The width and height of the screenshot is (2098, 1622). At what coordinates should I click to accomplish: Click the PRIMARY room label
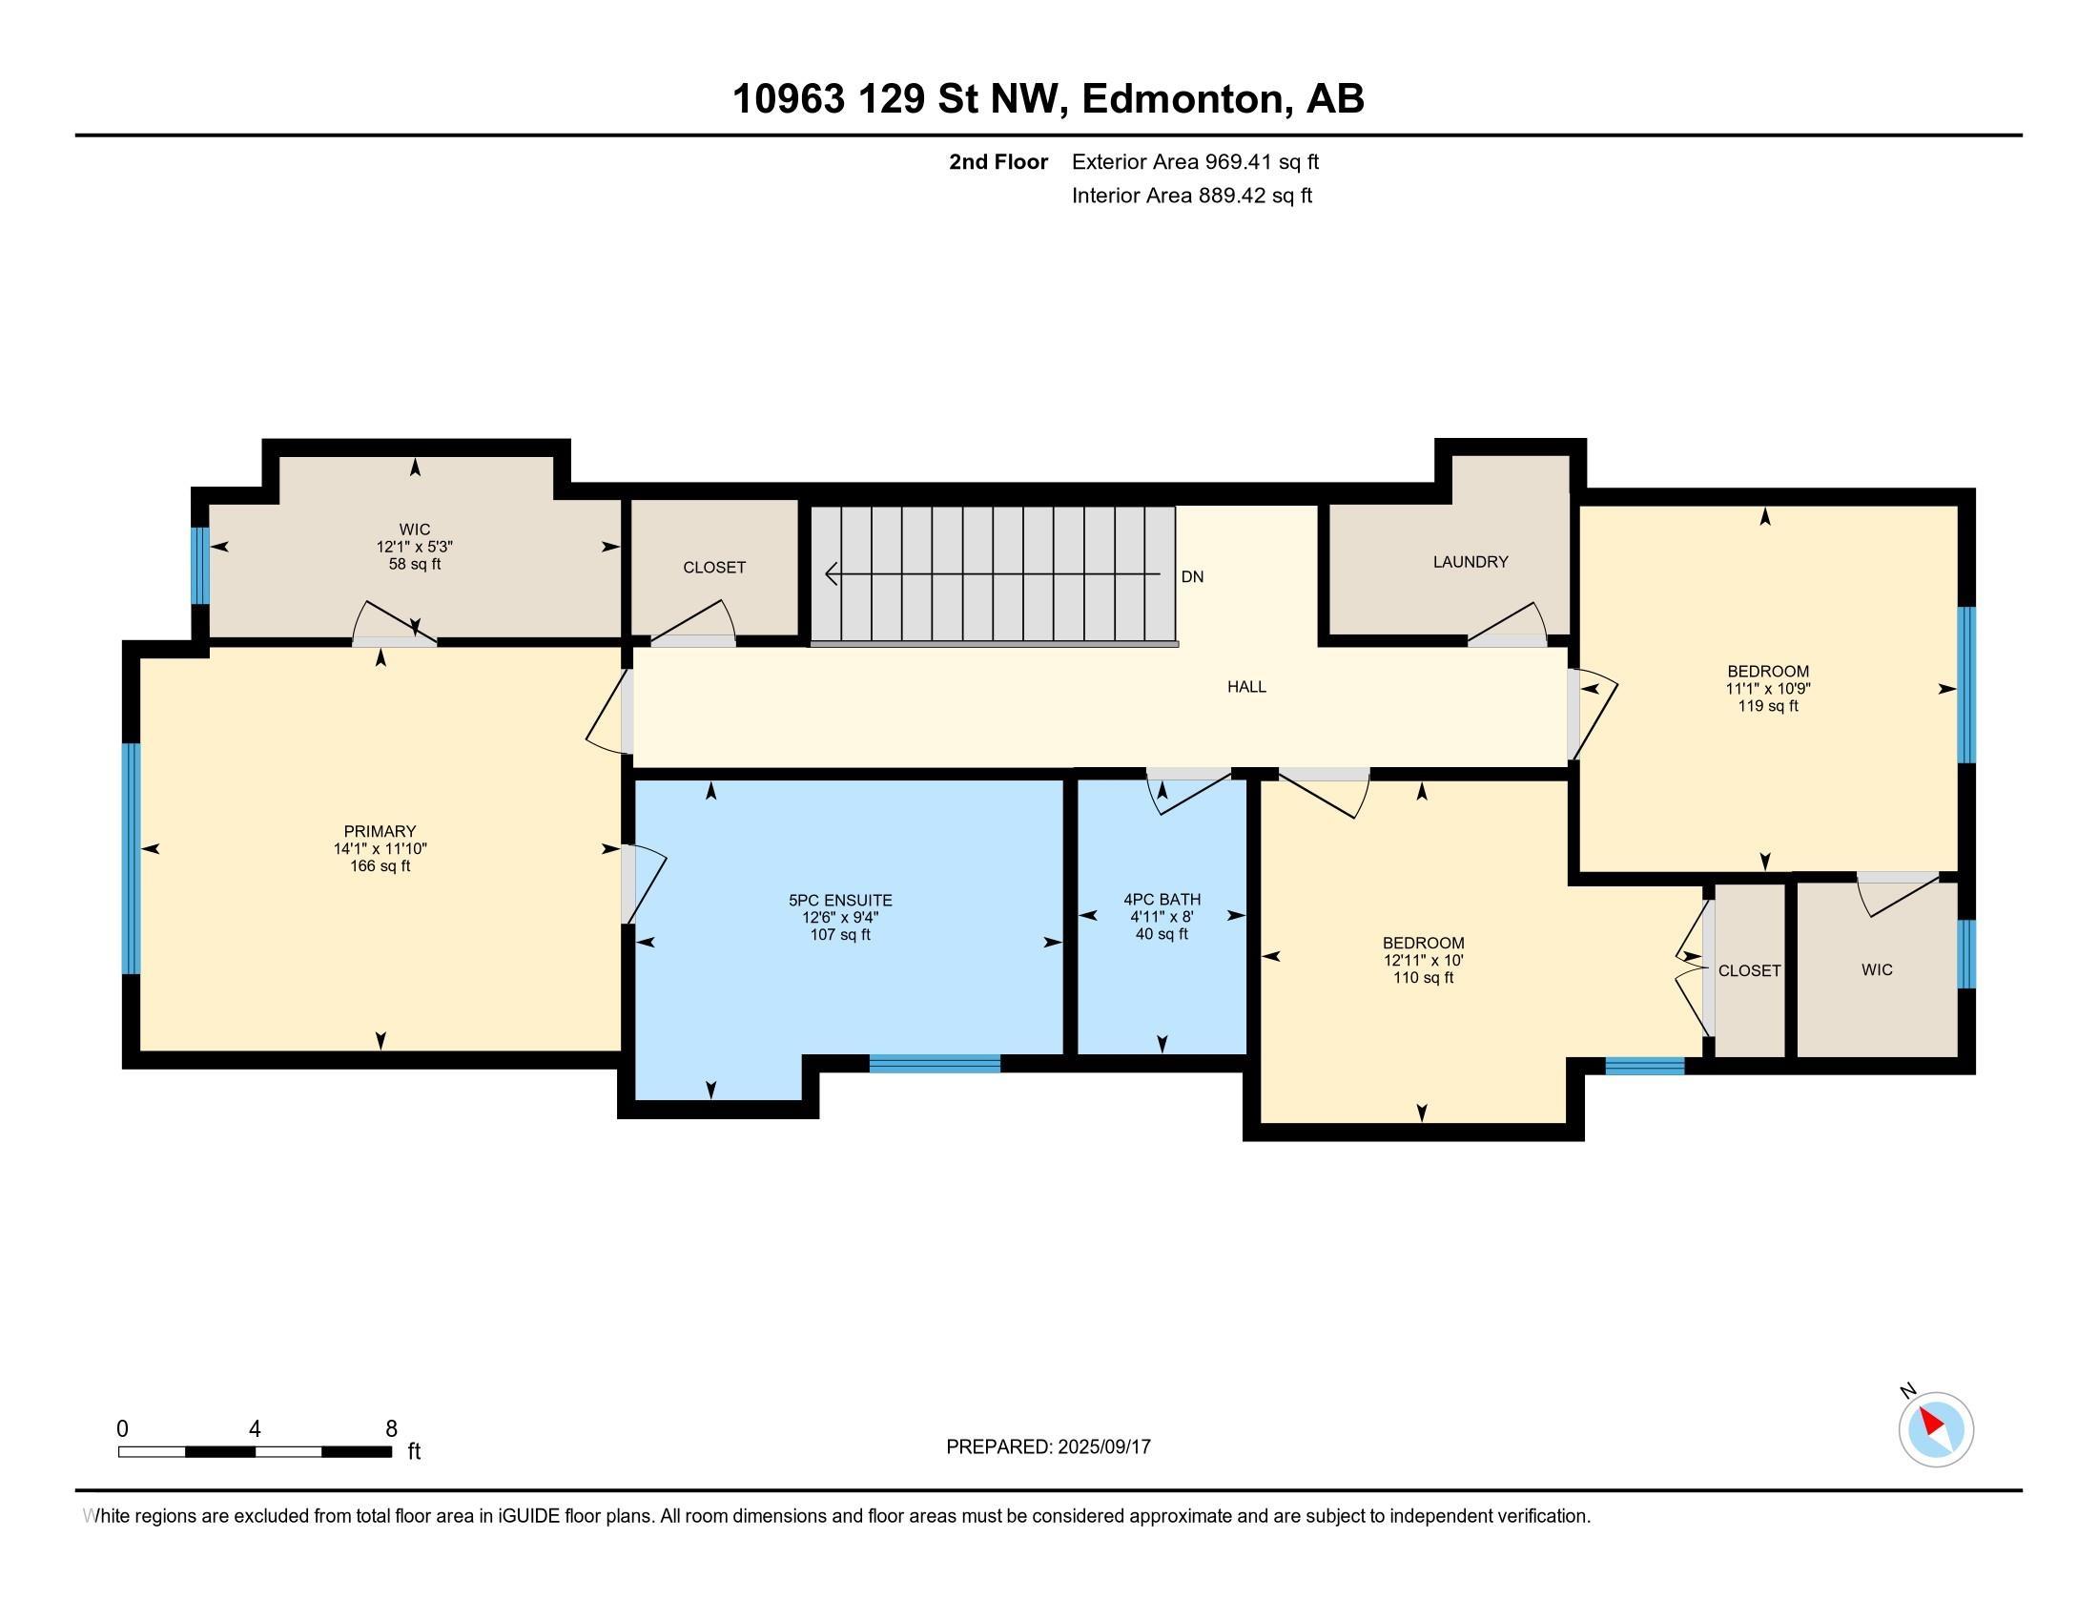coord(381,831)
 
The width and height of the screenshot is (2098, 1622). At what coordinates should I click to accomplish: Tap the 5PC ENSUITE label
coord(840,901)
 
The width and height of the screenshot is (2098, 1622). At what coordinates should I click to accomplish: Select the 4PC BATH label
coord(1162,900)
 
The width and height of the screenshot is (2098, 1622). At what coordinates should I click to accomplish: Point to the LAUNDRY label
coord(1471,561)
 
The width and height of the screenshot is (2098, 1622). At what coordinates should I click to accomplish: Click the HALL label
coord(1247,686)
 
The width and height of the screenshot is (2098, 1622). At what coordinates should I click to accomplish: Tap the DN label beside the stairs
coord(1192,576)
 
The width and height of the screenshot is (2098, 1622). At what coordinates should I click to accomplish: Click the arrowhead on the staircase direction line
coord(833,573)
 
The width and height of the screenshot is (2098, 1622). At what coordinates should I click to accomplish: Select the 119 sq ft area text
coord(1767,705)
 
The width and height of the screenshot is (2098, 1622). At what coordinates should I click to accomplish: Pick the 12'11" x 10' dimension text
coord(1424,960)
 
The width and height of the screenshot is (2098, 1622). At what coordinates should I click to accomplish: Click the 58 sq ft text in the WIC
coord(415,564)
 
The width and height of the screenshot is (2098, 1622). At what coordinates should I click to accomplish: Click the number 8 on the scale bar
coord(391,1429)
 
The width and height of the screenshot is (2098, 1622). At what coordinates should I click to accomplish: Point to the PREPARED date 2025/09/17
coord(1102,1446)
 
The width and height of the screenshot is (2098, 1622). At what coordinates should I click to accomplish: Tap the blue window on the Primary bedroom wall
coord(132,858)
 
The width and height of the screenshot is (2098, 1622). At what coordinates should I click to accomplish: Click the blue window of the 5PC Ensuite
coord(935,1064)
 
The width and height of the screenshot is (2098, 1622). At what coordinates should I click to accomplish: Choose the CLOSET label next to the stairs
coord(713,567)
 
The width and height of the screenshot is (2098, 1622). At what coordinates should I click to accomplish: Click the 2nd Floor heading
coord(998,161)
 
